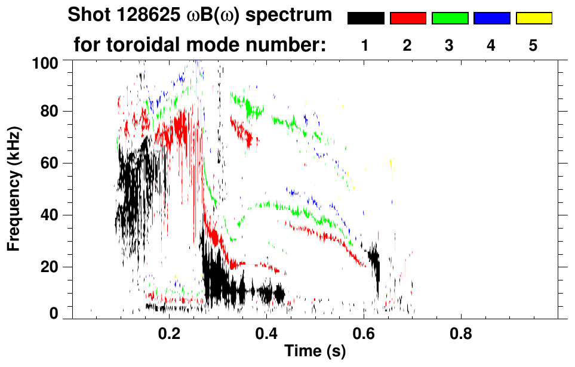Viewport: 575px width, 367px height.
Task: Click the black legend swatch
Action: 366,18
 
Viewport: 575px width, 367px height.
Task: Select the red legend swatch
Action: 408,18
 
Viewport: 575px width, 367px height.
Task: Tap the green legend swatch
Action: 450,18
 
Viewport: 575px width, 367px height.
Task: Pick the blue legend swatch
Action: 491,18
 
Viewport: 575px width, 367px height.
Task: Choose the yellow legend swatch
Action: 533,18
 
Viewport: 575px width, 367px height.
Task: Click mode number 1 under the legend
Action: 365,45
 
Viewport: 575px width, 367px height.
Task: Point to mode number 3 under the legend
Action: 449,45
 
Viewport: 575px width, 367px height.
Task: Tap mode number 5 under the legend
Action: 533,45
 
